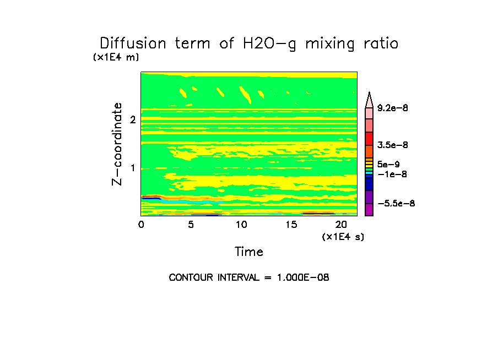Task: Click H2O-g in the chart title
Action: pos(265,44)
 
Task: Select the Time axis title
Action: pos(249,252)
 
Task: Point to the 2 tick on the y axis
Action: pos(133,119)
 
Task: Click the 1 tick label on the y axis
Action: pos(133,168)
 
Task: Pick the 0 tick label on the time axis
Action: pos(141,225)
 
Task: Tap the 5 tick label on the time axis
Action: pos(191,225)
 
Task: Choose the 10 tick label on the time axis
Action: pos(241,225)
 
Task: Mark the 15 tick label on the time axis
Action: pos(290,225)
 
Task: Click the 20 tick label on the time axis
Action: pos(340,225)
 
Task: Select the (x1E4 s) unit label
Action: pos(343,237)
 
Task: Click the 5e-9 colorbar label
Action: pos(388,164)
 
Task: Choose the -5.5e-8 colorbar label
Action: pos(396,204)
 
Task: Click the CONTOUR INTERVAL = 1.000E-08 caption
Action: pos(249,277)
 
